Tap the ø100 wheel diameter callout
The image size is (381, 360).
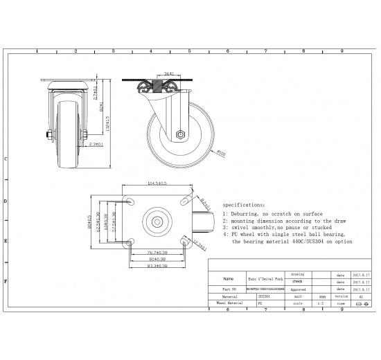pyautogui.click(x=221, y=154)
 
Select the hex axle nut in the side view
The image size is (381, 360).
pyautogui.click(x=180, y=135)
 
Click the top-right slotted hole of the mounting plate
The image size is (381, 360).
pyautogui.click(x=186, y=201)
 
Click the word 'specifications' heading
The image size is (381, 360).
pyautogui.click(x=243, y=206)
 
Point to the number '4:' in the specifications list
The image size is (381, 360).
pyautogui.click(x=226, y=234)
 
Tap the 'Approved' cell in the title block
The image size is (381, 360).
pyautogui.click(x=297, y=290)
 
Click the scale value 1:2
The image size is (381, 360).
pyautogui.click(x=320, y=303)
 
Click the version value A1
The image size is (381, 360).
pyautogui.click(x=361, y=296)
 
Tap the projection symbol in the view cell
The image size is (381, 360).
pyautogui.click(x=361, y=303)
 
